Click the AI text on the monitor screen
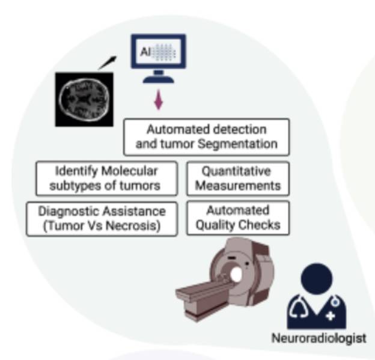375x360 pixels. (145, 52)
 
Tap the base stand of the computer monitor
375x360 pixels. (158, 79)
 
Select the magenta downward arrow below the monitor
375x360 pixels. (158, 100)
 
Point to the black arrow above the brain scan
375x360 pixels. (108, 63)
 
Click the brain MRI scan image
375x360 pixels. (84, 100)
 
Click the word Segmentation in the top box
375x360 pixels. (238, 144)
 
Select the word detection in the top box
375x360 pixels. (240, 129)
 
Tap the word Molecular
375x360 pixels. (130, 171)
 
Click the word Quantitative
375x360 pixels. (236, 171)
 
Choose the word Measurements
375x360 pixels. (238, 186)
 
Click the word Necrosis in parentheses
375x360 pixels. (133, 225)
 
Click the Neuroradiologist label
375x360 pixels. (319, 338)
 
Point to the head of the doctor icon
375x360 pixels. (317, 279)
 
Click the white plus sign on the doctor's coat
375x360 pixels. (331, 316)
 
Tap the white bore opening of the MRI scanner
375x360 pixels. (236, 275)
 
